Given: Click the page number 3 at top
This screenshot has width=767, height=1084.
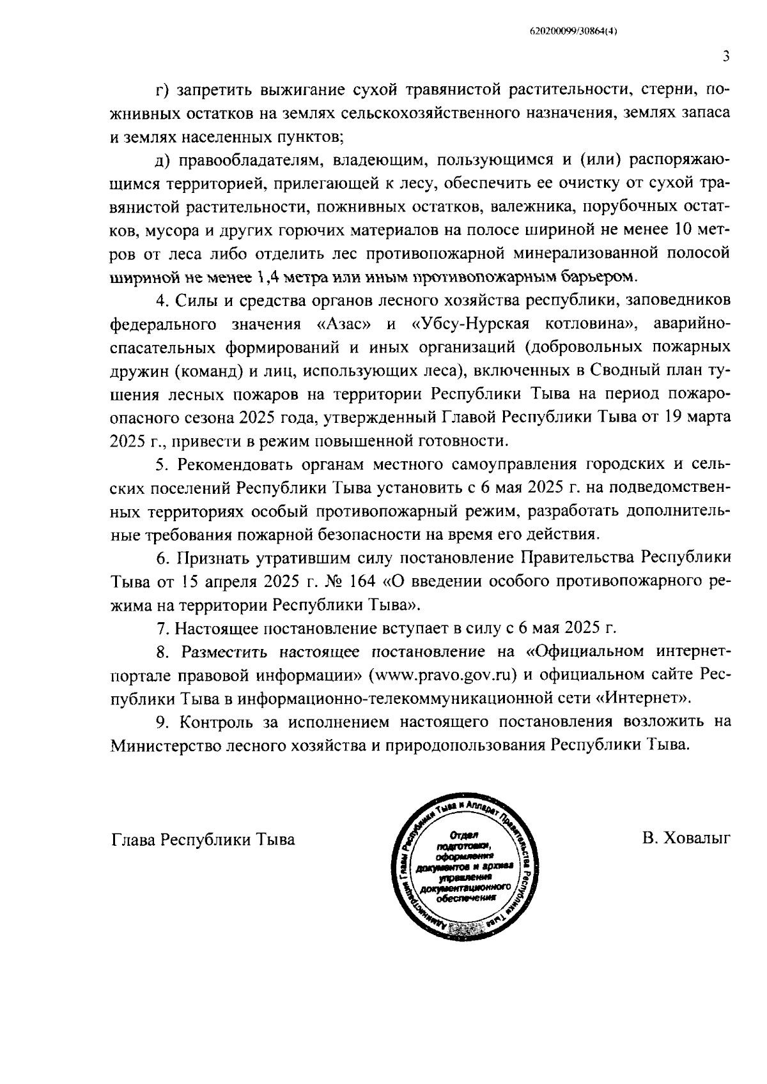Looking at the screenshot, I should click(x=726, y=56).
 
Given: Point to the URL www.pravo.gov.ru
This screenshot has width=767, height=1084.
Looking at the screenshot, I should click(x=442, y=675).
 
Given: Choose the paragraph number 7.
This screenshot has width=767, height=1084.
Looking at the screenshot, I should click(x=162, y=629).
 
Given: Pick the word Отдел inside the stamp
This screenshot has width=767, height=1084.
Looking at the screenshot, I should click(x=460, y=834).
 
